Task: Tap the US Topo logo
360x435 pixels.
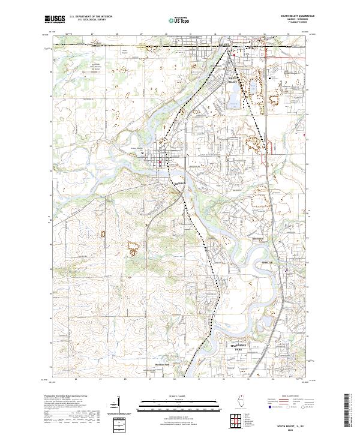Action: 174,19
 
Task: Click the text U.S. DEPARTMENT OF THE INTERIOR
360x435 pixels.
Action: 90,17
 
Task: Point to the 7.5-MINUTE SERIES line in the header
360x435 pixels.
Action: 297,24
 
